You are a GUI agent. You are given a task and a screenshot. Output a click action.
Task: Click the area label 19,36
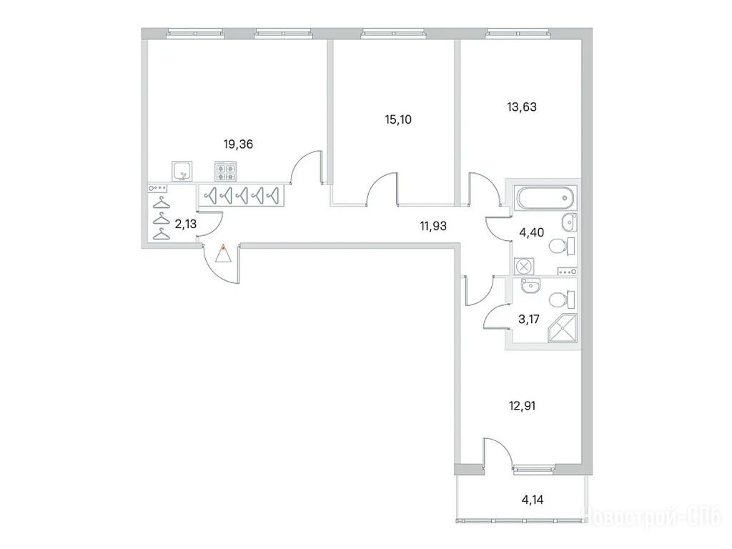click(x=238, y=144)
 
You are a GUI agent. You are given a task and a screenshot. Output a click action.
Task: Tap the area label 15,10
click(x=398, y=119)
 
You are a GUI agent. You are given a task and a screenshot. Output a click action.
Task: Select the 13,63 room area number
click(x=522, y=107)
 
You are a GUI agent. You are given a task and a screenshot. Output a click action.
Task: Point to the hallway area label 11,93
click(x=433, y=227)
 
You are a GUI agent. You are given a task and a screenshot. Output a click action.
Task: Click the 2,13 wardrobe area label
click(x=185, y=224)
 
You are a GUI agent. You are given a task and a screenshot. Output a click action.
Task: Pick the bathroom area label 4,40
click(x=531, y=232)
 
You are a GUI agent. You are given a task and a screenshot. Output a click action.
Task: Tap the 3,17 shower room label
click(x=529, y=320)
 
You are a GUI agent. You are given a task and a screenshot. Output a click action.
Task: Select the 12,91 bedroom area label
click(x=522, y=406)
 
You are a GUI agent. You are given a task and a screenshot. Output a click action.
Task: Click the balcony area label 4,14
click(x=532, y=500)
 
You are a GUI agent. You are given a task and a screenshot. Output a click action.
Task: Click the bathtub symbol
click(x=545, y=198)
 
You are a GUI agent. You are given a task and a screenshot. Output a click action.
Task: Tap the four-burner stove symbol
click(x=225, y=172)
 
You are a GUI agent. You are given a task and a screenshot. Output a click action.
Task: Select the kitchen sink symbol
click(x=182, y=171)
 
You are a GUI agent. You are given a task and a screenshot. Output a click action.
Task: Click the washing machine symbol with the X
click(x=524, y=267)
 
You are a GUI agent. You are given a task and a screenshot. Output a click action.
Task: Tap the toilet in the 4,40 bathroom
click(x=563, y=246)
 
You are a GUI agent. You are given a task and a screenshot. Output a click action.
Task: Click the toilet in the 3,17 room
click(x=563, y=300)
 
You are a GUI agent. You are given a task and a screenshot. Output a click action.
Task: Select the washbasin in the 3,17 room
click(x=530, y=286)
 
